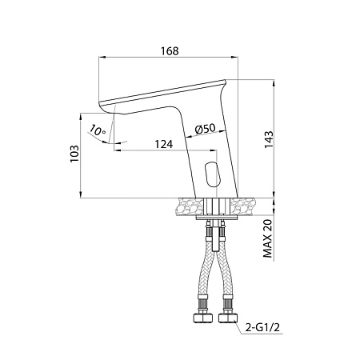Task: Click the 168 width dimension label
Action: click(170, 51)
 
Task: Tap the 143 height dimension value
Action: click(269, 139)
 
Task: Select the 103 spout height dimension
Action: click(74, 154)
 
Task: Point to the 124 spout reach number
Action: click(164, 144)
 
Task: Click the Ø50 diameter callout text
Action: click(206, 129)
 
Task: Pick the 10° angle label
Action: click(98, 130)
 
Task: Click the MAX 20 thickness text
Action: click(268, 238)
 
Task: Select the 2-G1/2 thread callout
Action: click(262, 327)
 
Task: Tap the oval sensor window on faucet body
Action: click(212, 174)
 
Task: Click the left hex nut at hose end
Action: click(202, 318)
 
